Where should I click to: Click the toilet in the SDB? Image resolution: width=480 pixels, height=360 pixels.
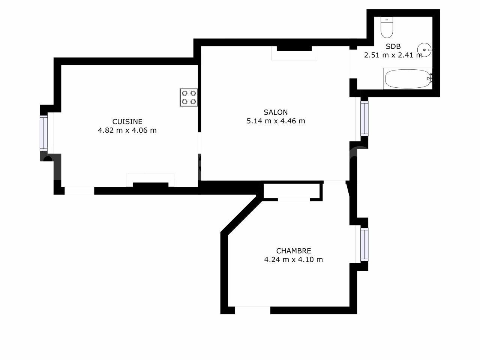coord(387,27)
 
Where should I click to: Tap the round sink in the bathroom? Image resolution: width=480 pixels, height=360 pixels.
coord(424,50)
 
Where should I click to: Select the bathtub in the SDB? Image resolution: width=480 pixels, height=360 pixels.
coord(408,79)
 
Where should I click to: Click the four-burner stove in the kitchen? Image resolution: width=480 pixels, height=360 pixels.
coord(189,97)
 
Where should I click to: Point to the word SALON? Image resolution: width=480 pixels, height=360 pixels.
coord(276,112)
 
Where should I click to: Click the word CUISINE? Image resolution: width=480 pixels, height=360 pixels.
coord(127,121)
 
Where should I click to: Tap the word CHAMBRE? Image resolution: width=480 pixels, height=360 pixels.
coord(294,251)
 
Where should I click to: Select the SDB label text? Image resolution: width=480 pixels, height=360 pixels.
coord(393,46)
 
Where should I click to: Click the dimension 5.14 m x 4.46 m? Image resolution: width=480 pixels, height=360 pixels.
coord(276,121)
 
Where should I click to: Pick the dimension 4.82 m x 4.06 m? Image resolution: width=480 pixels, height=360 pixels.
coord(127,130)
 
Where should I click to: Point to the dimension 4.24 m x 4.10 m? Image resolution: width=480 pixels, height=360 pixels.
coord(294,259)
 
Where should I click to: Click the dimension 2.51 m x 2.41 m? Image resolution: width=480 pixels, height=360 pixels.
coord(393,55)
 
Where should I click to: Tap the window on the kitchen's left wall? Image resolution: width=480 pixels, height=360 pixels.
coord(44,133)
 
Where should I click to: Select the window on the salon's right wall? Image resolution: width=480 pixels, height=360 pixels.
coord(364,118)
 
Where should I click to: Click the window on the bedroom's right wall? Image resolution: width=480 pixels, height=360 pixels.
coord(364,244)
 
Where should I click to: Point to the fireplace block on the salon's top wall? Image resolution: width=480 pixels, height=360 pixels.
coord(294,48)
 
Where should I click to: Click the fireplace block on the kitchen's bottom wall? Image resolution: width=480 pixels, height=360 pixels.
coord(150,185)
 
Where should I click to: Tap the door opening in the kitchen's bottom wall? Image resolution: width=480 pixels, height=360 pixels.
coord(79,190)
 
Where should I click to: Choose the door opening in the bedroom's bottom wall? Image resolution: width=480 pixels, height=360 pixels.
coord(253,310)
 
